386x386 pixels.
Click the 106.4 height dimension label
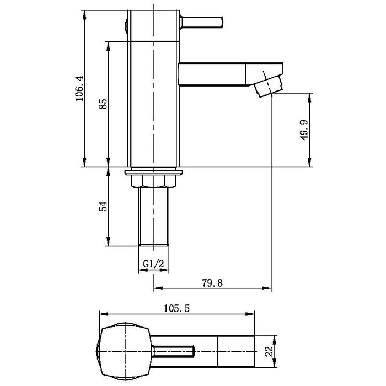79,88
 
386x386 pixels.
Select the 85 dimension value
103,104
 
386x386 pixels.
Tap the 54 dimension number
103,206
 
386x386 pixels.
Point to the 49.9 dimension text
304,130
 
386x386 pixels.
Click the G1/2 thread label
154,264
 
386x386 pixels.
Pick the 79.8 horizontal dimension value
212,283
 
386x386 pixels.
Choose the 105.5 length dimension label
177,308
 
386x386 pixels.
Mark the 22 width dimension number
269,351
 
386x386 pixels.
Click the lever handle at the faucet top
201,22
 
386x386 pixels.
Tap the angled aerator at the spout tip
269,86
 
